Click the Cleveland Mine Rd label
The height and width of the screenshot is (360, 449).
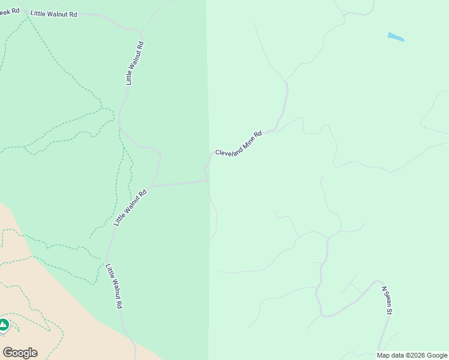coord(239,144)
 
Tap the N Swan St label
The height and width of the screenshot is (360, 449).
coord(388,300)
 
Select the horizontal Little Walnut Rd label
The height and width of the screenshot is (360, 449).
coord(54,13)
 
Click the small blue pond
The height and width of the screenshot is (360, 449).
coord(396,37)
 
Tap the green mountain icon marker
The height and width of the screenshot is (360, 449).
coord(4,325)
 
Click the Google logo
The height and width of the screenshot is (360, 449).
coord(20,353)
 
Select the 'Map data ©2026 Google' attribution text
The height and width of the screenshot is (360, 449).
coord(412,355)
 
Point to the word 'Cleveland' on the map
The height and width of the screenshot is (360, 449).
coord(229,150)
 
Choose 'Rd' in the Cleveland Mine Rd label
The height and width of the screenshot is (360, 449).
coord(259,134)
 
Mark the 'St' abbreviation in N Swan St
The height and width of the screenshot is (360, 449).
coord(390,311)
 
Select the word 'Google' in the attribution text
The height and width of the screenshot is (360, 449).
coord(437,355)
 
